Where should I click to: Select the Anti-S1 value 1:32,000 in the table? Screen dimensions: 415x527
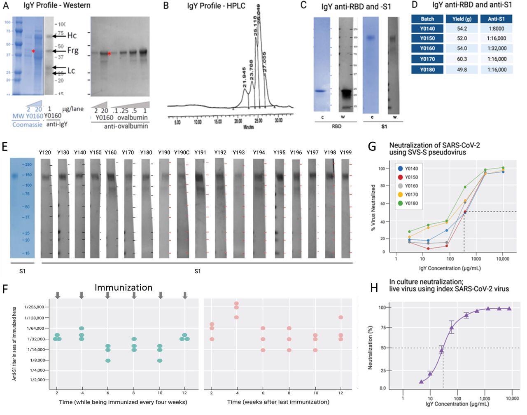point(496,49)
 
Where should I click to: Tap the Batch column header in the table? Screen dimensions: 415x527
point(427,19)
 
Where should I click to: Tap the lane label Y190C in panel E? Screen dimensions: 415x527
point(181,153)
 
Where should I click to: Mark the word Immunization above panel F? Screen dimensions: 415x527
point(124,287)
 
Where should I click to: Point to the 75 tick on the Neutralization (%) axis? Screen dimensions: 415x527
point(382,328)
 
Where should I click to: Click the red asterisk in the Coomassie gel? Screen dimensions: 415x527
point(33,51)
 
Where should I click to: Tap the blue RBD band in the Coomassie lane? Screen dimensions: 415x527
point(321,91)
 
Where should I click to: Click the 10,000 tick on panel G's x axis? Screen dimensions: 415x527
point(503,260)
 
